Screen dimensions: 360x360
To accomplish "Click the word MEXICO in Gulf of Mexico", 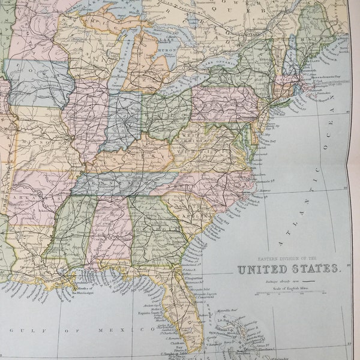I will pos(127,329).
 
